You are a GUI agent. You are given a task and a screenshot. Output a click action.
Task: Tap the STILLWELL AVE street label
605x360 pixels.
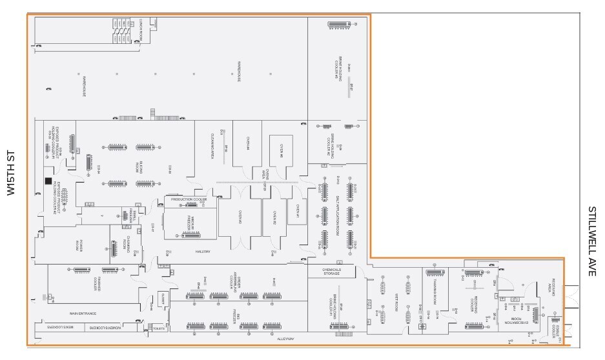tap(592, 241)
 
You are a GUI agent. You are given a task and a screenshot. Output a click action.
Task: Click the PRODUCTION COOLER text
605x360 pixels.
tap(189, 199)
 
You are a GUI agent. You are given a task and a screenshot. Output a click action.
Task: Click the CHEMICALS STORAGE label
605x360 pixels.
tap(331, 272)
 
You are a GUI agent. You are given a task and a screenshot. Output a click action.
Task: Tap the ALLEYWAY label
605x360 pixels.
tap(285, 337)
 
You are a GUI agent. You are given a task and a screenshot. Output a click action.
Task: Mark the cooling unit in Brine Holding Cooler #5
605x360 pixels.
tap(336, 25)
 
